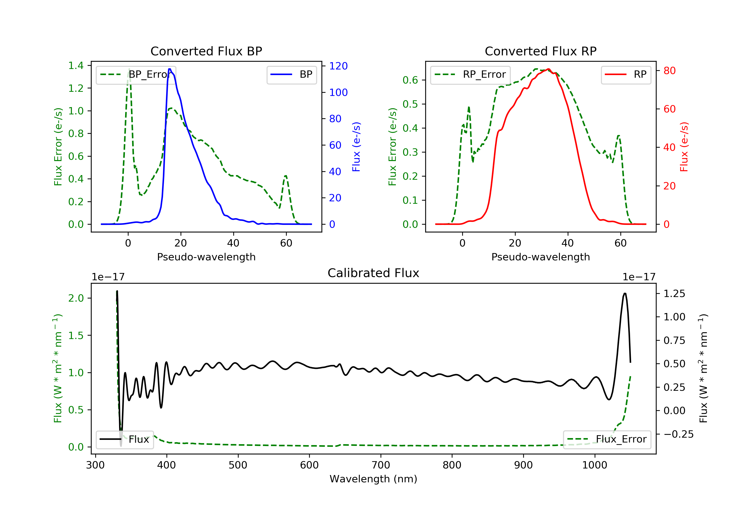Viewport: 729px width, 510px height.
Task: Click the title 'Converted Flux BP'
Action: click(206, 51)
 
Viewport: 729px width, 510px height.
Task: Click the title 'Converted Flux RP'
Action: click(540, 51)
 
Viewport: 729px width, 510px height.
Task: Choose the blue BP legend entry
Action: click(291, 75)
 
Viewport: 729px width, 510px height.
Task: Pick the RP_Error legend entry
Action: click(470, 75)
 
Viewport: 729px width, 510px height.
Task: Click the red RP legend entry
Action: click(626, 75)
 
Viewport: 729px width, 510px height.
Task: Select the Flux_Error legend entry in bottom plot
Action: click(607, 439)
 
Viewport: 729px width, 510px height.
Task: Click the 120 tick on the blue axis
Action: click(338, 66)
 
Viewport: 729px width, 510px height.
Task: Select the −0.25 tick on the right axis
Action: click(678, 434)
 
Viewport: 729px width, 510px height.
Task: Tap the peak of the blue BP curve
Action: click(170, 69)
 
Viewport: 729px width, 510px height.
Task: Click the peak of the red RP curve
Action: click(548, 69)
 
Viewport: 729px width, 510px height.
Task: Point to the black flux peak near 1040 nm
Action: click(625, 294)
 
